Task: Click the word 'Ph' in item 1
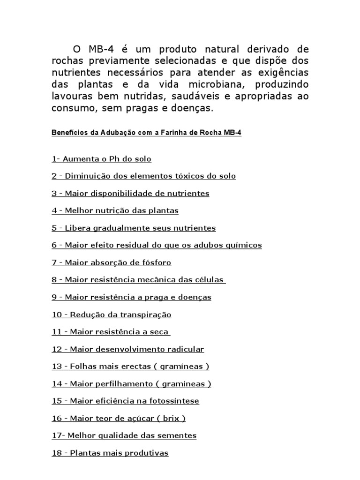click(x=114, y=159)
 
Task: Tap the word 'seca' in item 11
click(x=158, y=332)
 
